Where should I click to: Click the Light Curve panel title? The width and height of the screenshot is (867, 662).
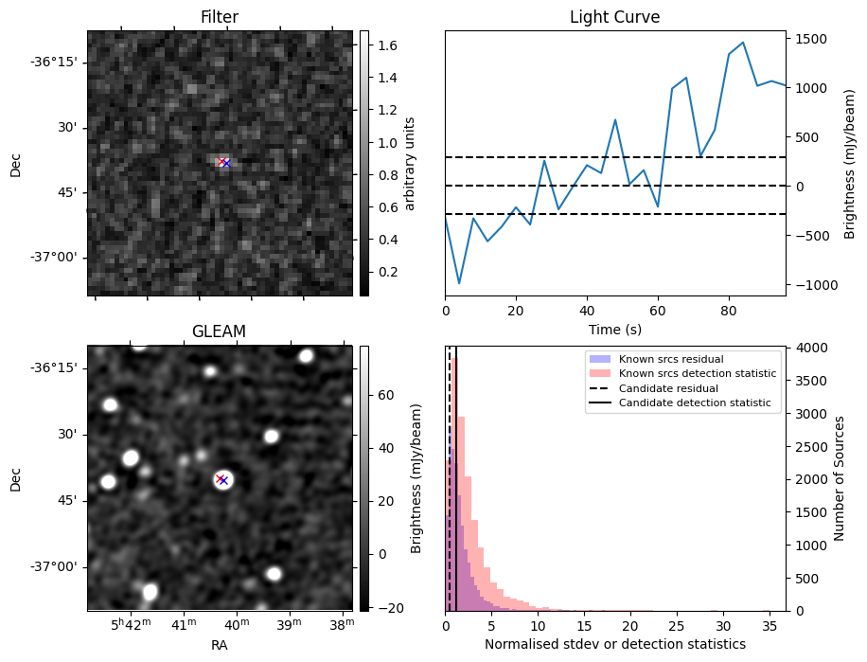click(614, 17)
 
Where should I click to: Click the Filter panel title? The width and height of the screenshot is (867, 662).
click(220, 17)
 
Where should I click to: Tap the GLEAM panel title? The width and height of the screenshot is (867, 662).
click(220, 331)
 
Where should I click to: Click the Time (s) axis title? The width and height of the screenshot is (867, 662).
click(614, 328)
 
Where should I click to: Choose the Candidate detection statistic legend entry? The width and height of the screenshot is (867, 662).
click(694, 403)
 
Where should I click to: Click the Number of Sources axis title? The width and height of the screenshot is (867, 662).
click(840, 478)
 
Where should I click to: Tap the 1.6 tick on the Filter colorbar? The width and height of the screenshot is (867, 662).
click(386, 45)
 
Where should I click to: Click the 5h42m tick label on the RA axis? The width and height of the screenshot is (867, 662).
click(129, 625)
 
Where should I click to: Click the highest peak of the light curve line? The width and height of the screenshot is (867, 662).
click(743, 43)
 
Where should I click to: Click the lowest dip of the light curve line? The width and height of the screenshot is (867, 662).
click(459, 283)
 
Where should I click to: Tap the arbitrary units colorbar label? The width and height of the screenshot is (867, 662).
click(410, 163)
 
